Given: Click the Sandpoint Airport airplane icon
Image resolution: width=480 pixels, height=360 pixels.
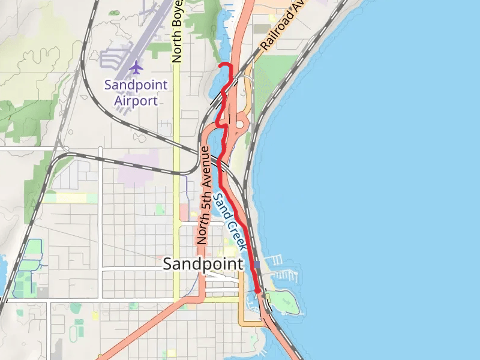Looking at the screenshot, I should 136,67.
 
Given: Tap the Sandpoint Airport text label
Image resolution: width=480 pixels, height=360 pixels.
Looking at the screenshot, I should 136,92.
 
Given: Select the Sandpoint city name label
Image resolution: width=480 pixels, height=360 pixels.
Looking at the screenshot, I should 203,264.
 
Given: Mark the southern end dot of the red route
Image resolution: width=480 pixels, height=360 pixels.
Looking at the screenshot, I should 258,290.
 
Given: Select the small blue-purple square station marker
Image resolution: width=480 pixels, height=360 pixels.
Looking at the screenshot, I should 257,265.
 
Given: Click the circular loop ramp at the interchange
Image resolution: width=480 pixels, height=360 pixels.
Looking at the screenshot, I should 240,125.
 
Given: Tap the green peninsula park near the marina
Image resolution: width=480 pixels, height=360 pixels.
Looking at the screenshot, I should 284,302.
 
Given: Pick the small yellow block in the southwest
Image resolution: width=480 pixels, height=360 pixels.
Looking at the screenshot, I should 95,315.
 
